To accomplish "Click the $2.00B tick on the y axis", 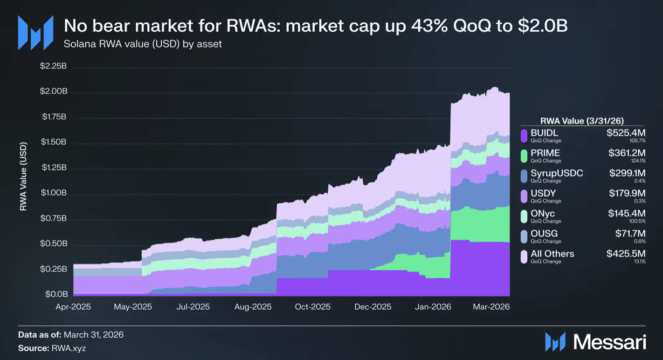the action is [54, 91].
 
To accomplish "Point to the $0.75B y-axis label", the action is [54, 219].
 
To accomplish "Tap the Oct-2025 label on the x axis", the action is [312, 307].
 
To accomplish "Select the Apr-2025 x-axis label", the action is [73, 307].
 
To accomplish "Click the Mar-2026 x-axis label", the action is [491, 307].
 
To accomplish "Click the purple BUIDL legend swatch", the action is [524, 136].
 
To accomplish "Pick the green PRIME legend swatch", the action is [524, 156].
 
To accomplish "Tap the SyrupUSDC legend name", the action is [557, 173].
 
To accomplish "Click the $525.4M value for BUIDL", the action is [626, 133].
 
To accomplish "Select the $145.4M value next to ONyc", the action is [627, 213].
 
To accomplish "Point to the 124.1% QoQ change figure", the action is [638, 161].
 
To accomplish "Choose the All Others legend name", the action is [552, 254].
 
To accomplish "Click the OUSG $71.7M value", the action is [630, 234].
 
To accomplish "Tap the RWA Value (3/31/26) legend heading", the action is [582, 121].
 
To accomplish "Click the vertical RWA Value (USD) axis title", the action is [23, 176].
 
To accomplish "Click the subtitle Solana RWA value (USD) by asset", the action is [143, 44].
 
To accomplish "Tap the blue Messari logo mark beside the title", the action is [36, 33].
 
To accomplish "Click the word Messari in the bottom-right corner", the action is [609, 342].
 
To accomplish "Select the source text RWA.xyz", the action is [69, 348].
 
